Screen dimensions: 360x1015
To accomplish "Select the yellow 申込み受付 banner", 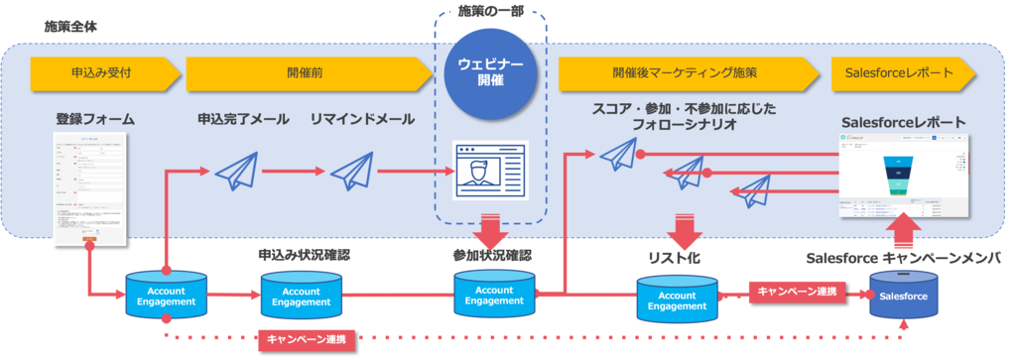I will (104, 72).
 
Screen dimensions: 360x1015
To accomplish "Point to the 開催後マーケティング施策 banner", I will (685, 72).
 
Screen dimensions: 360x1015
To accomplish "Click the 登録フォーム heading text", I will (95, 120).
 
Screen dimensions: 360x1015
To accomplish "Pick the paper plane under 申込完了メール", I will (236, 170).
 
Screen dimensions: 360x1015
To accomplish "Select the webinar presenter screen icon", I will (489, 171).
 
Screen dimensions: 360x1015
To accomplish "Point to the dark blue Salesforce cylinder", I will (903, 297).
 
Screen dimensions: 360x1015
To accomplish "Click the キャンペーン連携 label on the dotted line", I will (306, 339).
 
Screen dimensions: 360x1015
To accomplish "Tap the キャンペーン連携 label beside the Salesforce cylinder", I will (796, 292).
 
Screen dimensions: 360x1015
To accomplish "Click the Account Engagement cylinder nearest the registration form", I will (167, 295).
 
